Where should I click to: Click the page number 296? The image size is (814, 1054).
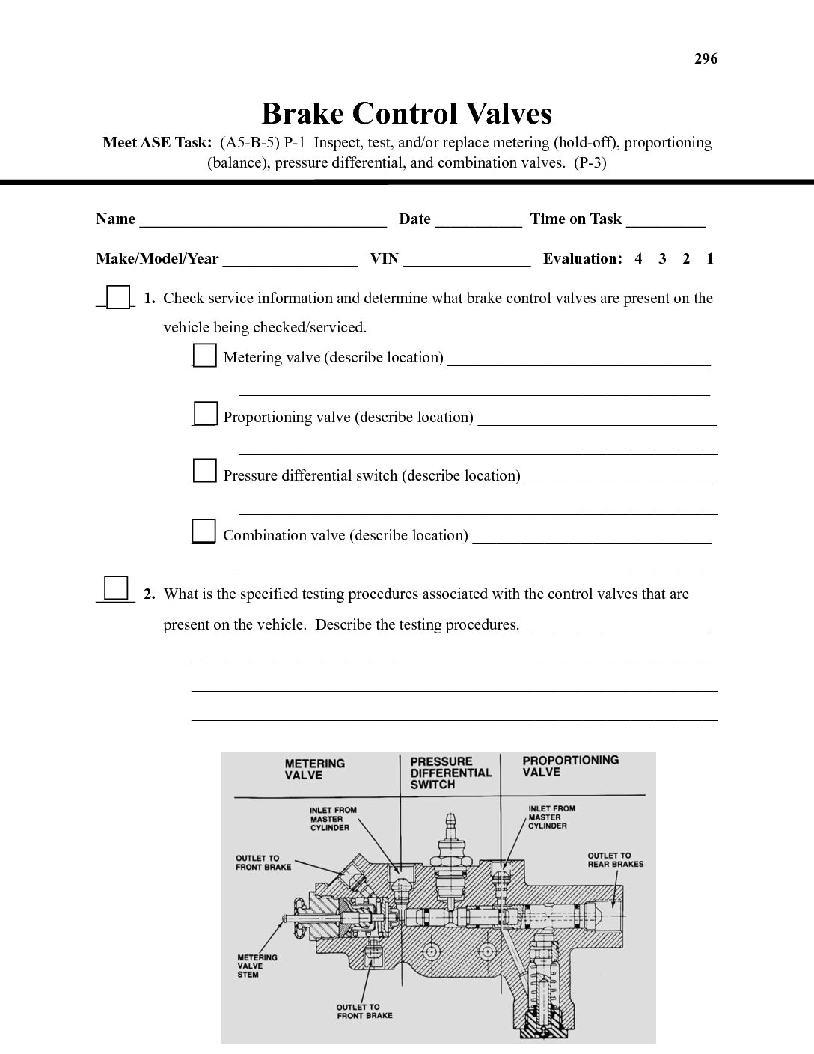click(706, 58)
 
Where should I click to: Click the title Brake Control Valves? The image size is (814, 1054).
click(406, 114)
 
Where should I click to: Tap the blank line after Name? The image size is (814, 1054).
click(263, 222)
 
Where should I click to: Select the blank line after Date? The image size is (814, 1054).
click(478, 222)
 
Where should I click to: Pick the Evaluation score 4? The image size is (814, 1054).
click(638, 259)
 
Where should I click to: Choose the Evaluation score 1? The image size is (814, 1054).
click(710, 259)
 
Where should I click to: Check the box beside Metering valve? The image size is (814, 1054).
click(205, 355)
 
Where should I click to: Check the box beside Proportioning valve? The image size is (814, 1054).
click(206, 413)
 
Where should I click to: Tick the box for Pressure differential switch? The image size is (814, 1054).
click(205, 471)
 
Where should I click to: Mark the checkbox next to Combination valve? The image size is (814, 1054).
click(204, 531)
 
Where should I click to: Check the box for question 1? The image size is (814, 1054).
click(118, 297)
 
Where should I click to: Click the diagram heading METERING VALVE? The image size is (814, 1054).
click(314, 770)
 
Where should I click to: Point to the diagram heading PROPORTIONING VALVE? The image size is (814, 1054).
click(570, 766)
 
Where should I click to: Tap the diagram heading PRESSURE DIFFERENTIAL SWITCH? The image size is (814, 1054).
click(450, 773)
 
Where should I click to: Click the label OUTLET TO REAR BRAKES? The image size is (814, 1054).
click(615, 859)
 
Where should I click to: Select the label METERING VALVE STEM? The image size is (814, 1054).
click(257, 966)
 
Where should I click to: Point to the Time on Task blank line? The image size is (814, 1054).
click(666, 222)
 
